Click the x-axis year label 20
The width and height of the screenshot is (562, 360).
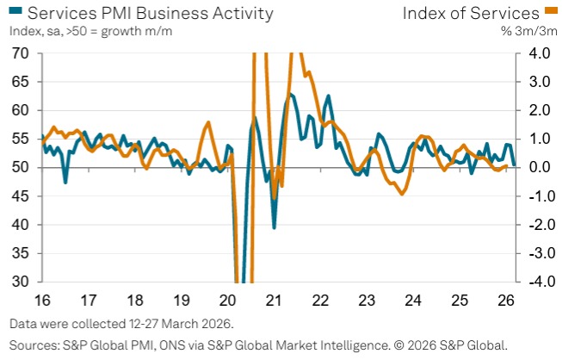pyautogui.click(x=228, y=301)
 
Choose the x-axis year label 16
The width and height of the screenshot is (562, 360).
pyautogui.click(x=42, y=301)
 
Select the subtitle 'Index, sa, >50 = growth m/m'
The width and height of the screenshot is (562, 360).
pyautogui.click(x=91, y=32)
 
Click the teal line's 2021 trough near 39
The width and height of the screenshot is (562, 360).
pyautogui.click(x=275, y=227)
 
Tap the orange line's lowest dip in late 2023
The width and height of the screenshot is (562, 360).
pyautogui.click(x=401, y=195)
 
